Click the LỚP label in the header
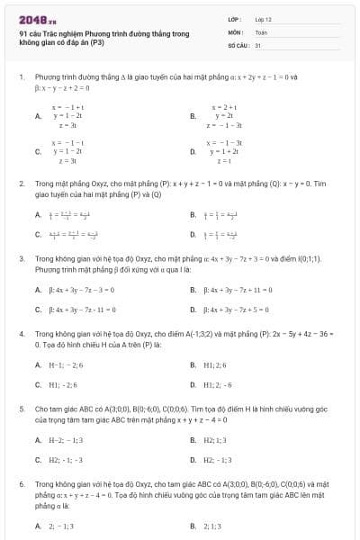(234, 18)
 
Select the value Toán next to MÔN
(261, 31)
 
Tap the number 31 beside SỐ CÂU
(257, 43)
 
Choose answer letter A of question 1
(38, 116)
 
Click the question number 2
(21, 183)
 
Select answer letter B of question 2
(193, 214)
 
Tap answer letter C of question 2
(38, 234)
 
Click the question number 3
(21, 258)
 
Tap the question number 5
(21, 408)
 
